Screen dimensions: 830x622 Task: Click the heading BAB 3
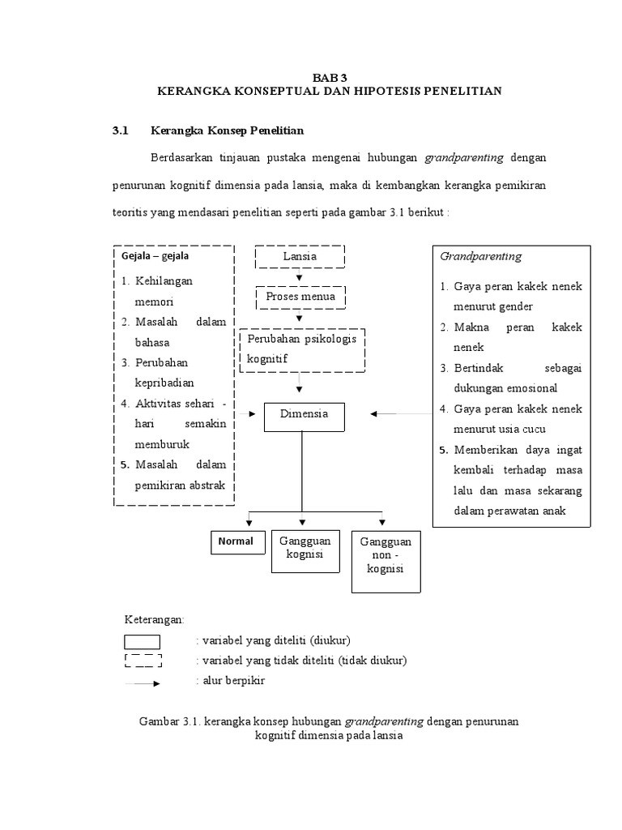click(x=329, y=77)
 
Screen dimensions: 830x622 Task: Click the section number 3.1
click(x=121, y=130)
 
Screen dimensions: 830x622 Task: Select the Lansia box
click(x=300, y=256)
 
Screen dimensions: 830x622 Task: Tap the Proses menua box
click(x=300, y=297)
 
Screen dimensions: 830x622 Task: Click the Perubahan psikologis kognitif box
click(x=302, y=349)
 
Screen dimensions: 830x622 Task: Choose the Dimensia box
click(x=303, y=414)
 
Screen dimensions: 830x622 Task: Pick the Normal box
click(x=236, y=541)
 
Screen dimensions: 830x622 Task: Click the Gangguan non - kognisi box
click(x=386, y=560)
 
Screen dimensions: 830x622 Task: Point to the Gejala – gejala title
click(x=155, y=256)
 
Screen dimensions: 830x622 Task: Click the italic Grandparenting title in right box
click(x=481, y=256)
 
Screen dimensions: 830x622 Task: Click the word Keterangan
click(x=154, y=620)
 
